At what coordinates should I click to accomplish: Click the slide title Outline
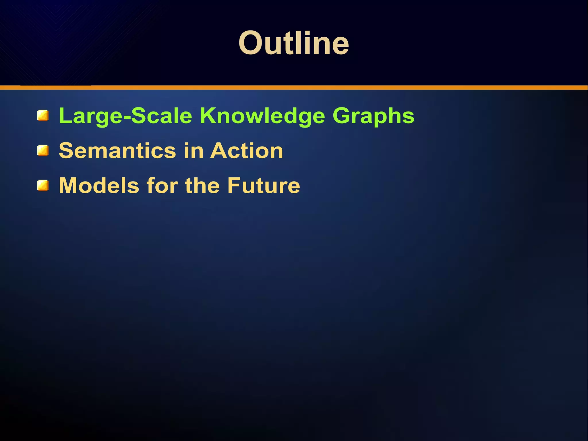tap(293, 43)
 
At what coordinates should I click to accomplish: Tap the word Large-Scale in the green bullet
tap(125, 116)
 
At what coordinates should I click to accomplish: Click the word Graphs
tap(373, 116)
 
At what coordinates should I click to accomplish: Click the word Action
tap(246, 151)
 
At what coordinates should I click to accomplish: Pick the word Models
tap(99, 186)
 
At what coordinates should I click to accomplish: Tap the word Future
tap(264, 186)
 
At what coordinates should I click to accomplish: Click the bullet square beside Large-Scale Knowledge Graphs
tap(43, 115)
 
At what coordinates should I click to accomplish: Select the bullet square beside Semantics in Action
tap(43, 151)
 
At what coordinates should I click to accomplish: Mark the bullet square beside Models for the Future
tap(43, 186)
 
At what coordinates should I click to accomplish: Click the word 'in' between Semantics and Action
tap(193, 151)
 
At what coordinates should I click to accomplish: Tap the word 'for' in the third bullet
tap(162, 186)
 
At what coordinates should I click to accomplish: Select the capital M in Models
tap(68, 186)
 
